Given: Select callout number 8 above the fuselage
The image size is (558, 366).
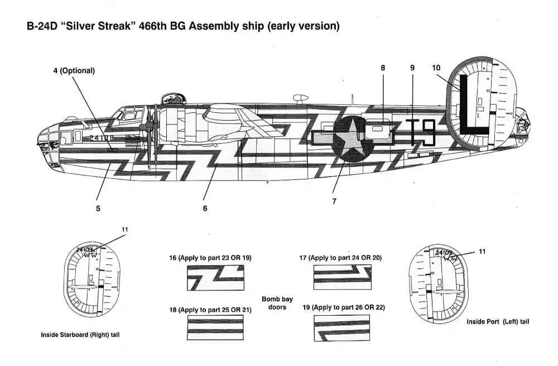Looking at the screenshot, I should tap(383, 68).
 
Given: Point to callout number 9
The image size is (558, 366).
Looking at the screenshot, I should tap(412, 68).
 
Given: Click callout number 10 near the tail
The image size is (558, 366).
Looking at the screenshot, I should tap(436, 68).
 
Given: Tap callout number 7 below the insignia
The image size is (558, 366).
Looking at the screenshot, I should tap(334, 201).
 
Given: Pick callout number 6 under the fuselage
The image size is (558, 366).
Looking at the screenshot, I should tap(205, 208).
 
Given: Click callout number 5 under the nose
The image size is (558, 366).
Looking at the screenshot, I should tap(98, 208).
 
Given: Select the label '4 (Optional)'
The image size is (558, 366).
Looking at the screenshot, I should tap(74, 71).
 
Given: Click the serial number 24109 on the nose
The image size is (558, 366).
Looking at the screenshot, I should tap(101, 137).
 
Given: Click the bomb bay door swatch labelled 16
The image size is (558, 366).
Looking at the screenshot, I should tap(215, 278).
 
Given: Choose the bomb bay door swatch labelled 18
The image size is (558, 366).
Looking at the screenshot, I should tap(215, 327).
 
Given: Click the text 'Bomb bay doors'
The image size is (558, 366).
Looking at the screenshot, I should tap(277, 303).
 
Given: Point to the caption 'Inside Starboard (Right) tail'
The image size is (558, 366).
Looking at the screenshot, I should tap(80, 335).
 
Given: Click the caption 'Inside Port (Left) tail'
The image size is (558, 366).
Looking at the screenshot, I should tap(498, 322).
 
